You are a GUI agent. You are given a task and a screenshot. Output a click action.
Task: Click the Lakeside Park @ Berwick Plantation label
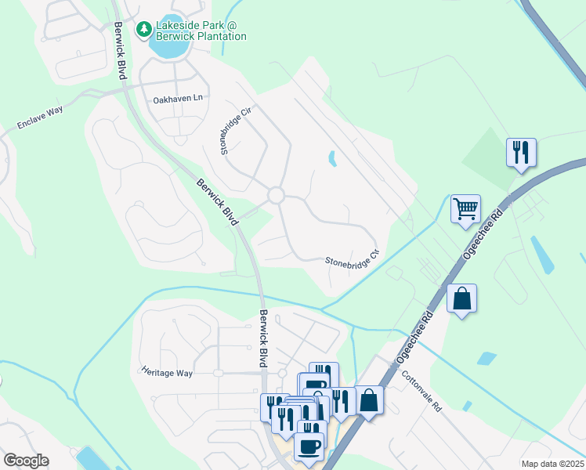pos(201,31)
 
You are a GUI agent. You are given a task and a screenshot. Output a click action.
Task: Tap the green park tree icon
pos(143,30)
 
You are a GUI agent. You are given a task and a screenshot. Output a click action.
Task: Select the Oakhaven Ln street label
pos(178,99)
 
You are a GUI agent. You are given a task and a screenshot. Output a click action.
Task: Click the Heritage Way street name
pos(167,373)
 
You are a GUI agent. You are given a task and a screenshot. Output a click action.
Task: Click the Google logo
pos(26,461)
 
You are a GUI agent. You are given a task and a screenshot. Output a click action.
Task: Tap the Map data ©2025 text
pos(552,464)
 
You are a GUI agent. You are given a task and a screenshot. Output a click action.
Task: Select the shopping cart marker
pos(465,209)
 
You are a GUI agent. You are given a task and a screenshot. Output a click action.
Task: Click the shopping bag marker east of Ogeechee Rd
pos(461,298)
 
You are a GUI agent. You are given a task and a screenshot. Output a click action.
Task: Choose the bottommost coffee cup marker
pos(309,447)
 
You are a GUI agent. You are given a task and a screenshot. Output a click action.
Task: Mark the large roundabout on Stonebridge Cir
pos(276,195)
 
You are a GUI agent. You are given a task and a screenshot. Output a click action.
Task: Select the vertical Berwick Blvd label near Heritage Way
pos(263,337)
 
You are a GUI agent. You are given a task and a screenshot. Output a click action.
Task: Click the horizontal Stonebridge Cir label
pos(352,258)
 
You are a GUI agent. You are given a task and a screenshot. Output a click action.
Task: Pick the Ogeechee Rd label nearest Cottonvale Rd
pos(415,337)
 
